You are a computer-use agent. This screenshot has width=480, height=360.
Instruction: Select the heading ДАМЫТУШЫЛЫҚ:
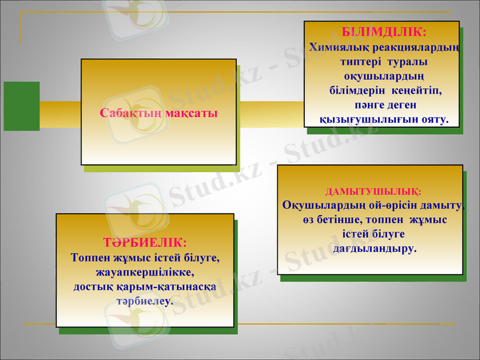[373, 192]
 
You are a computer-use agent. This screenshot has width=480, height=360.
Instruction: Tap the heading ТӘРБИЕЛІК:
[145, 243]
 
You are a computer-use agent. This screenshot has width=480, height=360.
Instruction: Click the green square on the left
[21, 106]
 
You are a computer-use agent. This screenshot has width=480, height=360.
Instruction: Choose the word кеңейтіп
[416, 91]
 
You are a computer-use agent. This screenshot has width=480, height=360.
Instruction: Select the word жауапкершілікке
[145, 272]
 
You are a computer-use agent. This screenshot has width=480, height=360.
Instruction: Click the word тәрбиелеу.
[145, 300]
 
